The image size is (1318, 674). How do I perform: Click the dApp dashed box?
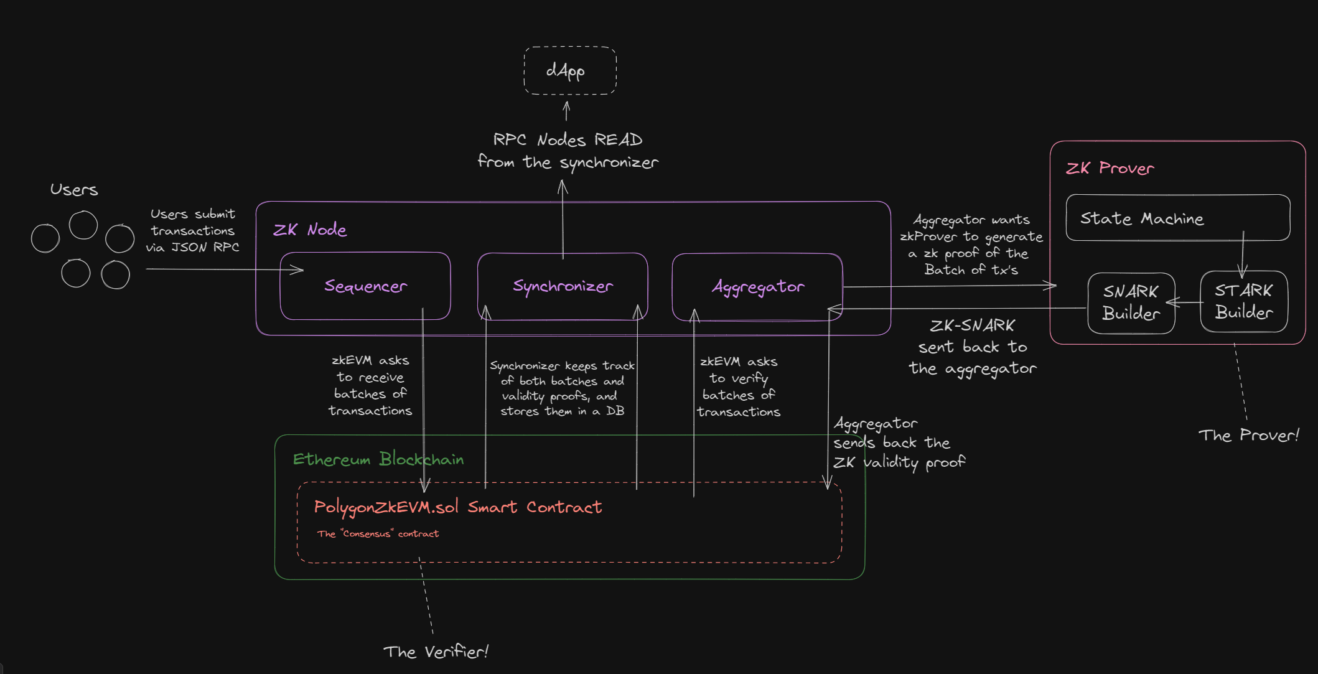(569, 70)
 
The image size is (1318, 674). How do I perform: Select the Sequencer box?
(365, 286)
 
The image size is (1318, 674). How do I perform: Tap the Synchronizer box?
(563, 286)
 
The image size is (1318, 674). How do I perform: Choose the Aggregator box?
(757, 287)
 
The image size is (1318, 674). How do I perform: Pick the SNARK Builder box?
(1131, 303)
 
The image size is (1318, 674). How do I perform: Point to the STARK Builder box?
(1243, 302)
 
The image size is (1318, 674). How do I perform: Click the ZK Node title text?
(310, 230)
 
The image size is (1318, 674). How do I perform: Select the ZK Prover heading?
(1110, 168)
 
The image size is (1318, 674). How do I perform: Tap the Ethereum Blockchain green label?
(378, 459)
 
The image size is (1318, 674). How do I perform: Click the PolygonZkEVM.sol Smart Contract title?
(457, 507)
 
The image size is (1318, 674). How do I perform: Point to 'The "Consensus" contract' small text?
(378, 534)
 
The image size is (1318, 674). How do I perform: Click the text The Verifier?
(436, 652)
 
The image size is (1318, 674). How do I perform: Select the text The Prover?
(1248, 435)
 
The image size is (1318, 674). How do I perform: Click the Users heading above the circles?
(74, 190)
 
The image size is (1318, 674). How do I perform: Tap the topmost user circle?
(83, 225)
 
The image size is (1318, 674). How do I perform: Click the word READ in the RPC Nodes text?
(618, 139)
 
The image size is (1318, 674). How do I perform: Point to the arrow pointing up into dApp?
(566, 111)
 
